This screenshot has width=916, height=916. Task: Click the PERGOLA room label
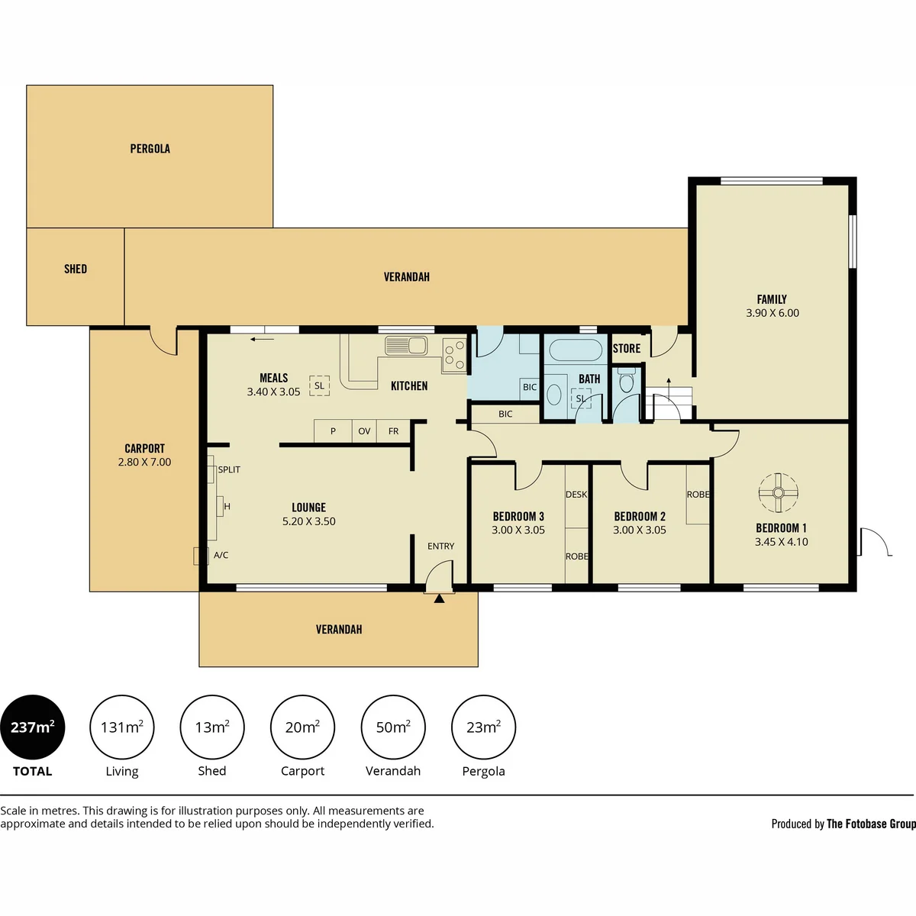coord(150,149)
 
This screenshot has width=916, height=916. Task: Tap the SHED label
coord(76,269)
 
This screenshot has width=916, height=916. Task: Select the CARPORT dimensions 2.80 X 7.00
coord(144,462)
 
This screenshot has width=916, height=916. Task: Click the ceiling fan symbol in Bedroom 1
coord(778,493)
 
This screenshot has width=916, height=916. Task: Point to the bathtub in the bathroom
coord(576,351)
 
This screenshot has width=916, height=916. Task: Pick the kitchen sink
coord(406,346)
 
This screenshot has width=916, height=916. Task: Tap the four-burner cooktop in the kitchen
coord(454,355)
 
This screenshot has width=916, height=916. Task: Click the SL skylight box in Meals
coord(319,386)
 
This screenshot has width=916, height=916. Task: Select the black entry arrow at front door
coord(439,599)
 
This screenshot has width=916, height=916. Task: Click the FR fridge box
coord(394,431)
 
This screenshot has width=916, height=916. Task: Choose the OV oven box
coord(365,431)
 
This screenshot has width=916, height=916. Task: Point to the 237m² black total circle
coord(32,727)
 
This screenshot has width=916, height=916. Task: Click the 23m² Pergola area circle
coord(483,727)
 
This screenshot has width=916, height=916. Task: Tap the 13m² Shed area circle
coord(212,727)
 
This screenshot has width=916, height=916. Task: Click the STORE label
coord(627,348)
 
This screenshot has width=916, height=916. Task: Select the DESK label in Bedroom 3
coord(576,495)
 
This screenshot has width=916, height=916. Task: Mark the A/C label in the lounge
coord(221,555)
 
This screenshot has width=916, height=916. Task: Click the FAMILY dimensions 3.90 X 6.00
coord(772,313)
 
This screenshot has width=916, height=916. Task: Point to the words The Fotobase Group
coord(871,824)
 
